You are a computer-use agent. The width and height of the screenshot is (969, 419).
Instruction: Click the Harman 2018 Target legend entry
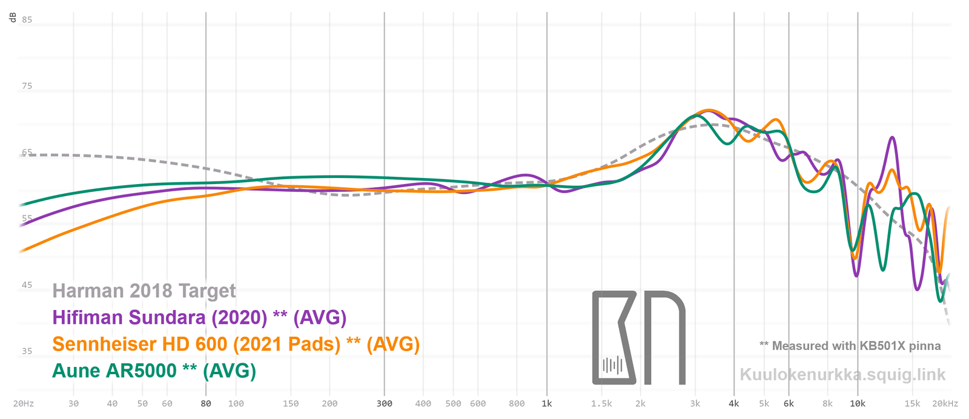pyautogui.click(x=144, y=291)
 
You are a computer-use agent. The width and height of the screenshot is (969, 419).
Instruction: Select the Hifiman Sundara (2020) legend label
pyautogui.click(x=199, y=317)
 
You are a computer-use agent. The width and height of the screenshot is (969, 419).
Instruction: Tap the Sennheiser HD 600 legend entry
pyautogui.click(x=236, y=344)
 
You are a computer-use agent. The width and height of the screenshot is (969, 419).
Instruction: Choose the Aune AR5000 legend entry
pyautogui.click(x=154, y=371)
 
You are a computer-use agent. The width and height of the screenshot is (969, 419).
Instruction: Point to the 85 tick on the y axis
pyautogui.click(x=27, y=20)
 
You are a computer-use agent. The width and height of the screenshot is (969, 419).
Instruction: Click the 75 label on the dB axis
pyautogui.click(x=27, y=86)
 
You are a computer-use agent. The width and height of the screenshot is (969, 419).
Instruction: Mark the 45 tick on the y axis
pyautogui.click(x=27, y=285)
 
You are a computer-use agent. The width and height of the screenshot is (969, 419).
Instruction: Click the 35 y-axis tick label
pyautogui.click(x=27, y=351)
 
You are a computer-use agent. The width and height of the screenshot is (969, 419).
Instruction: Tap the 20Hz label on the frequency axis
pyautogui.click(x=24, y=404)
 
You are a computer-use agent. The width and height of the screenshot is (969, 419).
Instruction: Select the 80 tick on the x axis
pyautogui.click(x=206, y=404)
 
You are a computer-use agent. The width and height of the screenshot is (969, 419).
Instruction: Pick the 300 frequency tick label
pyautogui.click(x=385, y=404)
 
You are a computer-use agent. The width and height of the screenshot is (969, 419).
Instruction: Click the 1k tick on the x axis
pyautogui.click(x=547, y=404)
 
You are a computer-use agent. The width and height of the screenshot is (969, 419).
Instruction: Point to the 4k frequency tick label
pyautogui.click(x=734, y=404)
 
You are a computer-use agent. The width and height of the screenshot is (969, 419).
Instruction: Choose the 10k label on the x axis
pyautogui.click(x=858, y=404)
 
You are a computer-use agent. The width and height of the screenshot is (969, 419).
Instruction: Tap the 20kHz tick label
pyautogui.click(x=945, y=404)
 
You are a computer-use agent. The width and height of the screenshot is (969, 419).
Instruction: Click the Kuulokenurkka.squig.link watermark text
pyautogui.click(x=842, y=375)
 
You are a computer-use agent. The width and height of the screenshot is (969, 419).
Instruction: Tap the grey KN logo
pyautogui.click(x=638, y=338)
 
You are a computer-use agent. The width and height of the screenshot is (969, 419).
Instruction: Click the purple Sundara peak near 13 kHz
pyautogui.click(x=892, y=138)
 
